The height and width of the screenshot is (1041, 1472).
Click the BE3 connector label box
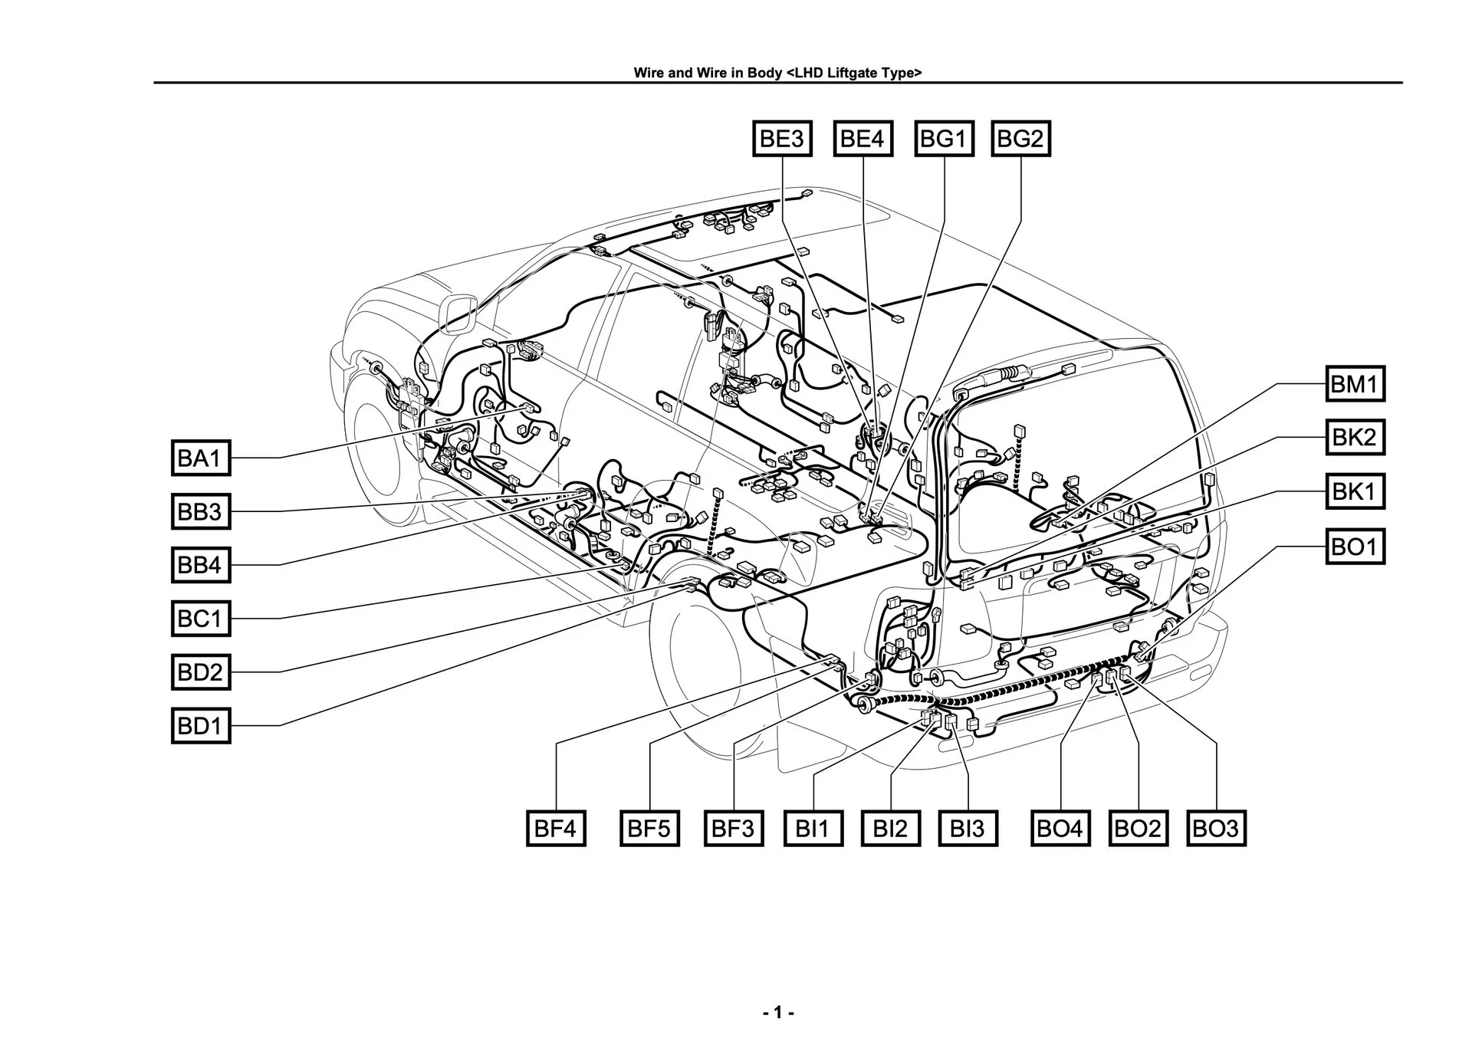[x=782, y=139]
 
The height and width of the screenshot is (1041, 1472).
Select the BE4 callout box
[x=863, y=139]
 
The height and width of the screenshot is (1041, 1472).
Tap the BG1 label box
[x=944, y=139]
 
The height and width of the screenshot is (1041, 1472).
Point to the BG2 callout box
[x=1020, y=139]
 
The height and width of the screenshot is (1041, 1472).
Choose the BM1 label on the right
[x=1355, y=383]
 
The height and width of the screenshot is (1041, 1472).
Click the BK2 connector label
[x=1355, y=438]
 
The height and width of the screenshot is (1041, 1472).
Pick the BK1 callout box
[x=1355, y=491]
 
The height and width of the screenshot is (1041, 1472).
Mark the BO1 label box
[x=1355, y=547]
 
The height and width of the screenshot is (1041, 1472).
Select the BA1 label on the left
[x=200, y=458]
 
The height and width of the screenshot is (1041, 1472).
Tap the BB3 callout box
[x=200, y=511]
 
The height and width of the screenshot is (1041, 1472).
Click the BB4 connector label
[x=200, y=565]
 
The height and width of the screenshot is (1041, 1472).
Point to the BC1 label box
[x=200, y=618]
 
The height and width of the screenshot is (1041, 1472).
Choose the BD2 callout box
[x=200, y=672]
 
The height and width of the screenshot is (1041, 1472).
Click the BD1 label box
[x=200, y=725]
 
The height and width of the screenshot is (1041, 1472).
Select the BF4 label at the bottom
[x=556, y=828]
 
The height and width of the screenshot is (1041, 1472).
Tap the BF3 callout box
[x=733, y=828]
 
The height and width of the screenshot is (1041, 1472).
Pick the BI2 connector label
[x=890, y=828]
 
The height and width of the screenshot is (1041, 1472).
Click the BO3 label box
[x=1216, y=828]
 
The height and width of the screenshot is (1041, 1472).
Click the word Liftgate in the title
[x=856, y=73]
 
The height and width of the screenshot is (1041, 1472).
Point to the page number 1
[x=778, y=1013]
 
